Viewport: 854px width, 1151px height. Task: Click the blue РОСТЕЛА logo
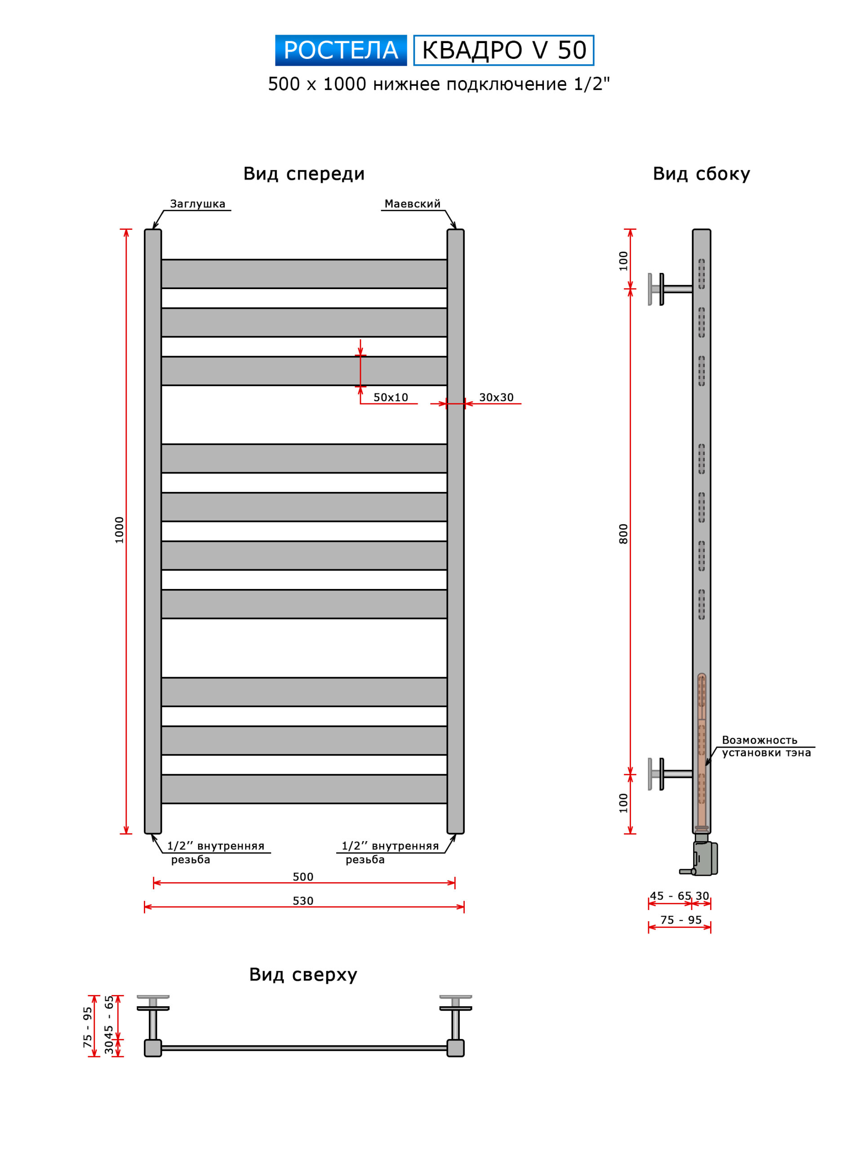tap(341, 50)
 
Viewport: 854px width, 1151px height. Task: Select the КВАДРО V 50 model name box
tap(503, 50)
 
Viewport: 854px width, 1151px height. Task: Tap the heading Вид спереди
tap(304, 174)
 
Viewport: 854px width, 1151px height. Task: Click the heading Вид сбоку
tap(702, 174)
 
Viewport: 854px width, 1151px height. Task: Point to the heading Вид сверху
tap(303, 975)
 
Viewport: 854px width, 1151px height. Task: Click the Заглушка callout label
tap(197, 204)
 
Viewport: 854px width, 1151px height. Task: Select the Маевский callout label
tap(413, 204)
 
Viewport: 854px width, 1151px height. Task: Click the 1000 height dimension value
tap(120, 530)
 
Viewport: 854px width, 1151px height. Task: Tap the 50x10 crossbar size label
tap(391, 397)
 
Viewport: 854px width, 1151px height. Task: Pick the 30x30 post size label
tap(496, 397)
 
